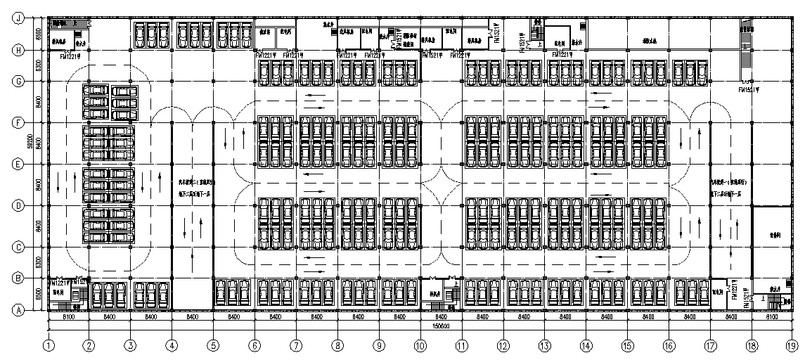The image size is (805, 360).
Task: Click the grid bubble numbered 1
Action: coord(48,345)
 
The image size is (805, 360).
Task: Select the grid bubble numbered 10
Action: coord(420,345)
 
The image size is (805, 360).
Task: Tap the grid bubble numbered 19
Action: coord(792,345)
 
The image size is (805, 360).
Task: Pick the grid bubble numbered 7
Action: coord(296,345)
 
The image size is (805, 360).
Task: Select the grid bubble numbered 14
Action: coord(586,345)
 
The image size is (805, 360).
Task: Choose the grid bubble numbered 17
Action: coord(710,345)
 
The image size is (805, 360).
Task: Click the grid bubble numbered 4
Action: coord(172,345)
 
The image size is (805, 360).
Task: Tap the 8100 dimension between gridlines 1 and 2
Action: coord(69,317)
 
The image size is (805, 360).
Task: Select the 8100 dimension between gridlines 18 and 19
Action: coord(772,317)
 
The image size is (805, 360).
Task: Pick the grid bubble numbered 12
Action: coord(503,345)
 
